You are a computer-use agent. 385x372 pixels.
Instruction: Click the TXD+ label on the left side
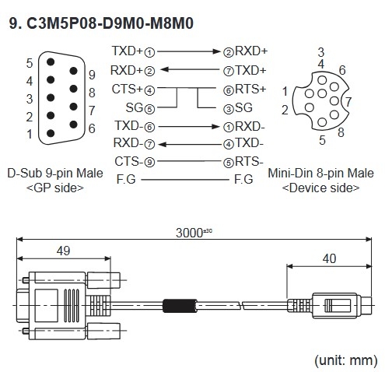click(x=127, y=52)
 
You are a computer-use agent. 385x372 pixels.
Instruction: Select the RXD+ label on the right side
click(x=253, y=52)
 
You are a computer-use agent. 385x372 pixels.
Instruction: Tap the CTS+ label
click(x=127, y=89)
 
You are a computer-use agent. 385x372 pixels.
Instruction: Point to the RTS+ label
click(x=253, y=89)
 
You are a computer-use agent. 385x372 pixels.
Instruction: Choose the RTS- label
click(x=253, y=161)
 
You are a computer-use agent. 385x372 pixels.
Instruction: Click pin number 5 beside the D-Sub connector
click(x=29, y=62)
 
